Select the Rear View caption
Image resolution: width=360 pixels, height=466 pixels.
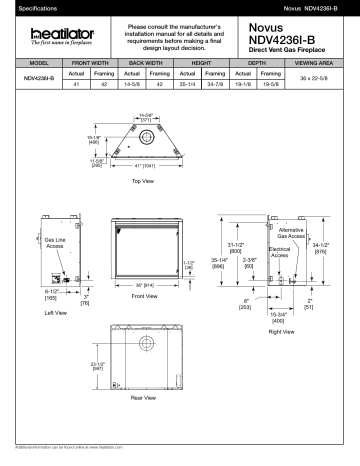[146, 397]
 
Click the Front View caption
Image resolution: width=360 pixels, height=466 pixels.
[146, 297]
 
